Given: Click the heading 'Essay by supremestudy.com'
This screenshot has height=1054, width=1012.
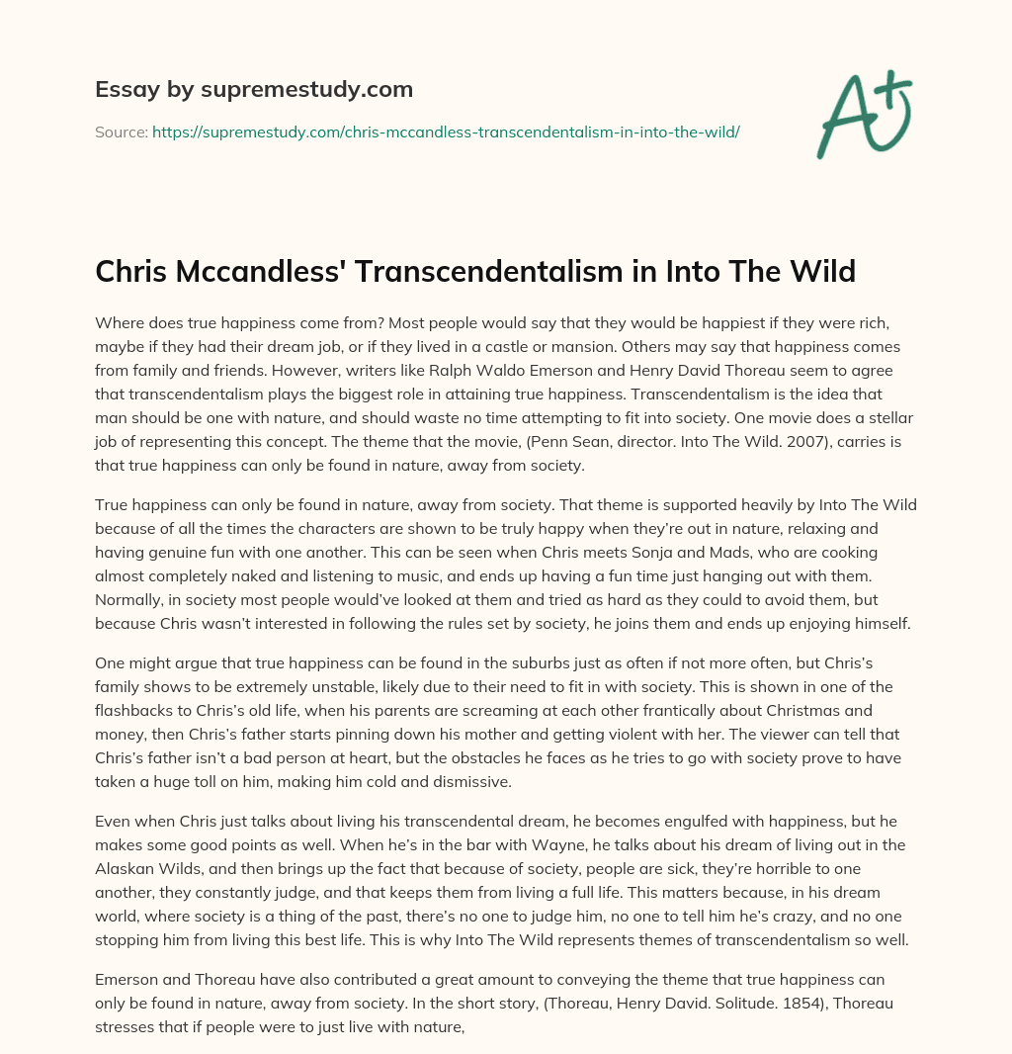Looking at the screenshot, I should (254, 90).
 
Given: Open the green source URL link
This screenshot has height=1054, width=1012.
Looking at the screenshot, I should (446, 132).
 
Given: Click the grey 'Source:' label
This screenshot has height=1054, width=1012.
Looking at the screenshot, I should (121, 132).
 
